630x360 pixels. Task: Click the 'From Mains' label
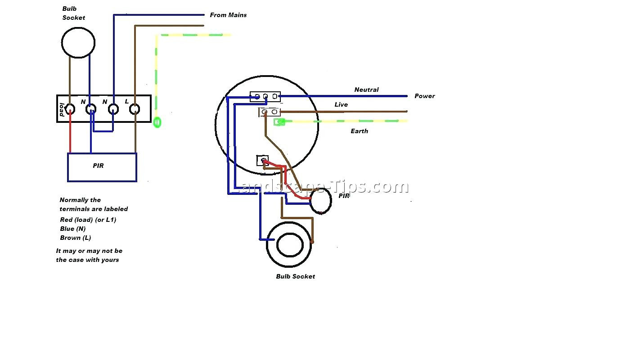click(228, 15)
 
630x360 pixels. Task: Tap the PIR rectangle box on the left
click(102, 167)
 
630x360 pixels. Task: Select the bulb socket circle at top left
click(78, 43)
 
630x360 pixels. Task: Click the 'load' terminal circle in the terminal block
click(70, 109)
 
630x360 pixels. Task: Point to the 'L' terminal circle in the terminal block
click(135, 109)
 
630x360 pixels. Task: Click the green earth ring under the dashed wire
click(157, 122)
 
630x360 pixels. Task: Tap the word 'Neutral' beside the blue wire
click(366, 90)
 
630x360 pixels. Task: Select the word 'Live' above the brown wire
click(341, 104)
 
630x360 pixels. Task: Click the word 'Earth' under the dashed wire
click(359, 131)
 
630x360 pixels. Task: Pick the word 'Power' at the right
click(424, 96)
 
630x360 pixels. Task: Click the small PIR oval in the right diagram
click(320, 201)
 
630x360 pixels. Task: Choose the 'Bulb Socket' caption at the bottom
click(295, 276)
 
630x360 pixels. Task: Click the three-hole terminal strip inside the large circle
click(265, 96)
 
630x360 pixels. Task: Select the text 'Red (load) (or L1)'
click(88, 220)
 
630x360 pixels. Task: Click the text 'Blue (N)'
click(72, 229)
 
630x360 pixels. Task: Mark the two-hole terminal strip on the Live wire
click(270, 112)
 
